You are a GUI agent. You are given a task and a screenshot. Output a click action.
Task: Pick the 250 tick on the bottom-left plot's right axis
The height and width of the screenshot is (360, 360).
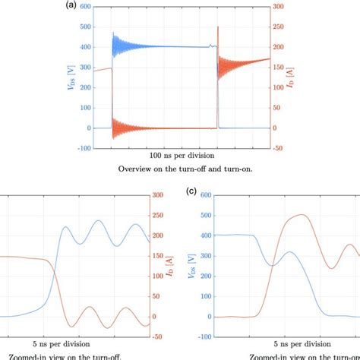pyautogui.click(x=160, y=216)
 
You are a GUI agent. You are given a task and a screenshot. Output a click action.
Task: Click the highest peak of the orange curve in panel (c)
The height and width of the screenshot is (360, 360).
pyautogui.click(x=302, y=215)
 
